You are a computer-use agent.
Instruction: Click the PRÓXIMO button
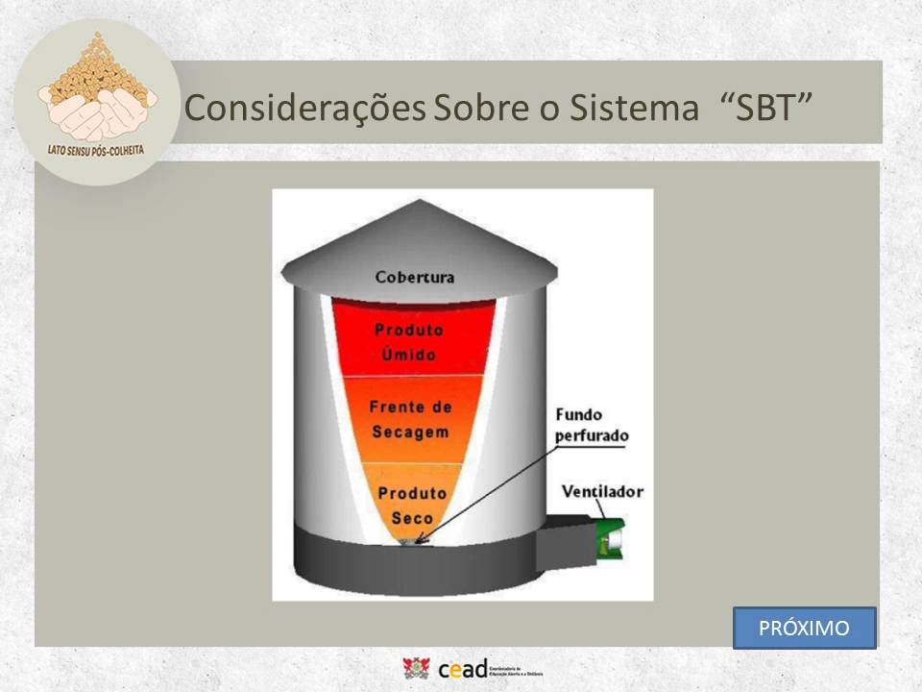pos(804,629)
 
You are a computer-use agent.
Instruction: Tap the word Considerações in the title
pos(304,109)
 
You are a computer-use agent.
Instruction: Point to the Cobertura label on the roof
pos(415,278)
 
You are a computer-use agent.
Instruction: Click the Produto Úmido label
pos(410,342)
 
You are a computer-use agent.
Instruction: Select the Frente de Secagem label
pos(410,419)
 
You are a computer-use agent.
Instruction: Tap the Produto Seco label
pos(411,506)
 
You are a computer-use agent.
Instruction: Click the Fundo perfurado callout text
pos(591,425)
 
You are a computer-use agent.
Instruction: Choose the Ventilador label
pos(602,492)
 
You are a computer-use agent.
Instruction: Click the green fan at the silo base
pos(608,538)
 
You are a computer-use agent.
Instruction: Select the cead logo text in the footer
pos(462,669)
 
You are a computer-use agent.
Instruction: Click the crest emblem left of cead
pos(417,668)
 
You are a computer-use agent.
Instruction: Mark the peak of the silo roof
pos(420,202)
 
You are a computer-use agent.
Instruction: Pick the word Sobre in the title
pos(473,109)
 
